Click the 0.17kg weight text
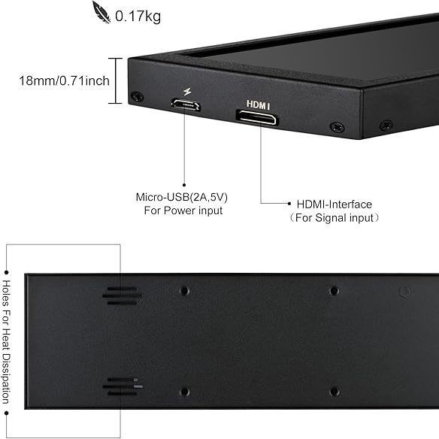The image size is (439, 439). (138, 17)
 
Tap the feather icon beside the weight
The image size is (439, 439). (101, 12)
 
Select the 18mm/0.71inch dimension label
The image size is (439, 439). (64, 80)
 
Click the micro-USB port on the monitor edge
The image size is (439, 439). (186, 104)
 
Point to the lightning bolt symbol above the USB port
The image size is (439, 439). (187, 92)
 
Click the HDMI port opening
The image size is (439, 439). (257, 117)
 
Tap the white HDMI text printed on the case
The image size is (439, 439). (258, 104)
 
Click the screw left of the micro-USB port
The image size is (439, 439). (138, 96)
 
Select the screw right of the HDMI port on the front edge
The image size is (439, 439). (337, 127)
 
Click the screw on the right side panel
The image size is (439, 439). (386, 125)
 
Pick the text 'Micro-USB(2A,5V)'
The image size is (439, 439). (182, 197)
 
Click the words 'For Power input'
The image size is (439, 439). (183, 210)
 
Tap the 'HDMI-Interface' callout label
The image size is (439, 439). (335, 204)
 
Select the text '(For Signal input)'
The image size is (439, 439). (335, 217)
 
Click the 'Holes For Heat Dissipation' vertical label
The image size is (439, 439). (6, 342)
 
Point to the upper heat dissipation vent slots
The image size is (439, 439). (122, 296)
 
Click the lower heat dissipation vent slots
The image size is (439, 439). (123, 386)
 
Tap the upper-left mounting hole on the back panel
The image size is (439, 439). (184, 291)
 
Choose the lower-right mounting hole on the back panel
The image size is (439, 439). (335, 392)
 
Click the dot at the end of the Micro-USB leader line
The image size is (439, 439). (184, 185)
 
